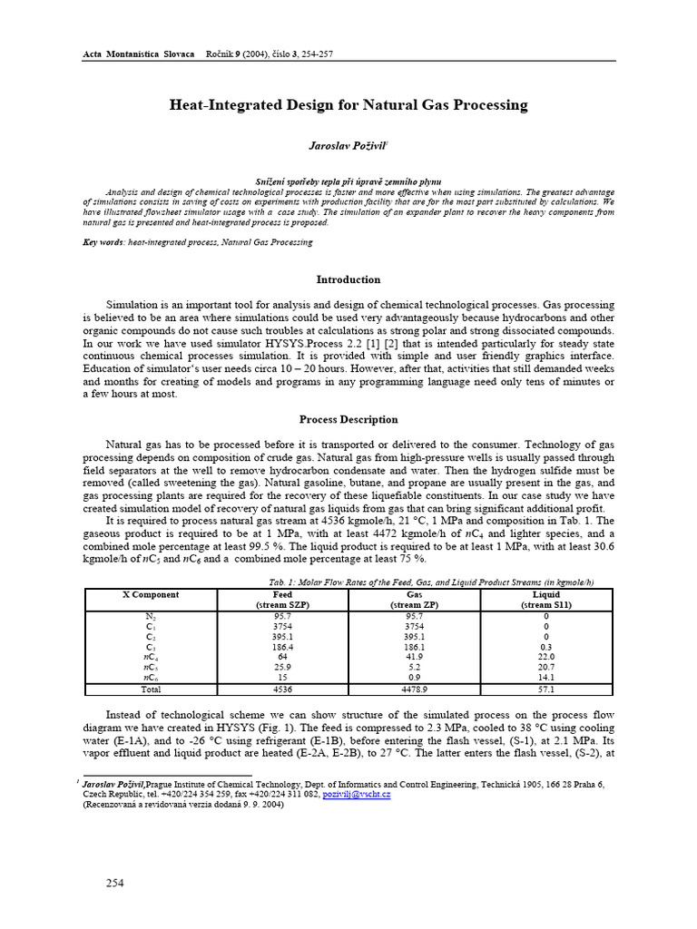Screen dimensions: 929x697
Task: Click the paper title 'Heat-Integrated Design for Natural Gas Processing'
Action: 348,105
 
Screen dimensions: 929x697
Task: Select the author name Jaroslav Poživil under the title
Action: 348,145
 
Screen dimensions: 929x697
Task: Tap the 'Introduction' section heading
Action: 348,279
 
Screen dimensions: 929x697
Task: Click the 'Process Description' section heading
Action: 348,419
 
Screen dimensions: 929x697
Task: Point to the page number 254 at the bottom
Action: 114,883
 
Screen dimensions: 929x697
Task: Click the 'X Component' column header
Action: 151,595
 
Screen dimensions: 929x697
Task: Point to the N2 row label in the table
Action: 151,615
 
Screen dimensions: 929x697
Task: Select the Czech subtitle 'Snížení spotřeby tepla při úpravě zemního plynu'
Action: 348,182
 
